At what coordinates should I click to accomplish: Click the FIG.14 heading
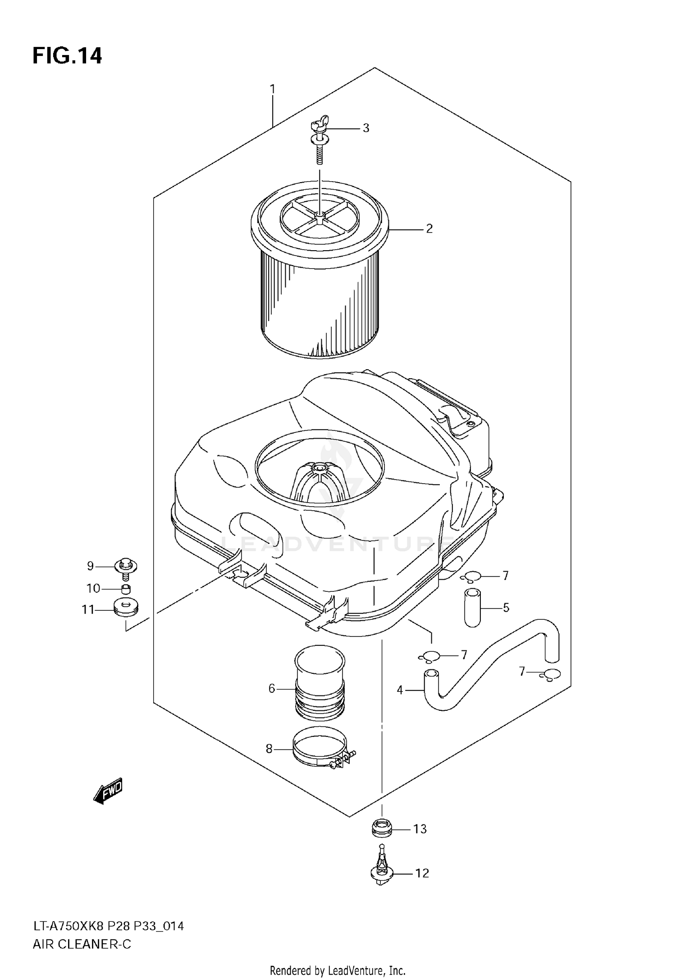point(67,56)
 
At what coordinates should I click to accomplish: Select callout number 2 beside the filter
point(429,229)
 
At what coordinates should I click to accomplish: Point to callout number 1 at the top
point(272,89)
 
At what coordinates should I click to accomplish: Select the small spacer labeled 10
point(126,589)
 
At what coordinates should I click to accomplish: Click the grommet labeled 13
point(382,828)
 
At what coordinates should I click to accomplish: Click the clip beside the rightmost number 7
point(551,674)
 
